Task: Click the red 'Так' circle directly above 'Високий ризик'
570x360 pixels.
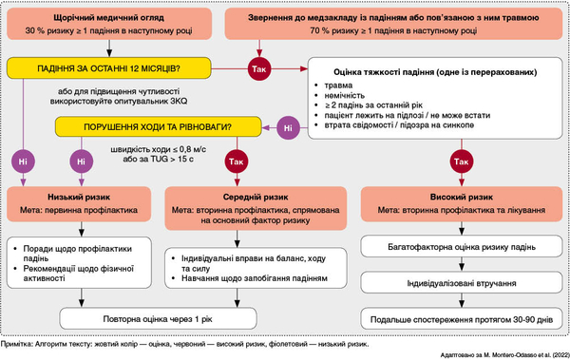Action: (462, 161)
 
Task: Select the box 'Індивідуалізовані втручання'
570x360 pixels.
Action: (462, 283)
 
